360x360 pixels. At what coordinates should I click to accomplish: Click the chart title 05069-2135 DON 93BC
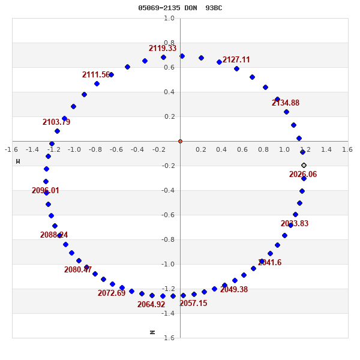(x=180, y=8)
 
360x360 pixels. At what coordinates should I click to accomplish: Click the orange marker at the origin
(x=180, y=141)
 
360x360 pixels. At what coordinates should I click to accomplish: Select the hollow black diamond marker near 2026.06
(x=304, y=165)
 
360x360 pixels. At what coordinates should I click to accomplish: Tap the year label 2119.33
(x=163, y=49)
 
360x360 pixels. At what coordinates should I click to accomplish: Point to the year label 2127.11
(x=236, y=60)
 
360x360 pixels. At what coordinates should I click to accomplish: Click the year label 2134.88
(x=285, y=103)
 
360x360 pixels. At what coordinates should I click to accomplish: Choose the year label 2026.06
(x=303, y=175)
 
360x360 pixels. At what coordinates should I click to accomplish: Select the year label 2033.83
(x=295, y=224)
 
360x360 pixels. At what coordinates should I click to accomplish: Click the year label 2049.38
(x=234, y=290)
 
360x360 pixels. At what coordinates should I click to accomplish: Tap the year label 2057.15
(x=193, y=304)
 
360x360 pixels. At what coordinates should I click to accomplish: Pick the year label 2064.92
(x=151, y=305)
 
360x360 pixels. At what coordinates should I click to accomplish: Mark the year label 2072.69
(x=112, y=293)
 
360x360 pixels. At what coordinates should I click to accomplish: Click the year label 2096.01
(x=46, y=191)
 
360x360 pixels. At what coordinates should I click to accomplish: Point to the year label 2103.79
(x=56, y=122)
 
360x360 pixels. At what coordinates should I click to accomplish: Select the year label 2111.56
(x=96, y=75)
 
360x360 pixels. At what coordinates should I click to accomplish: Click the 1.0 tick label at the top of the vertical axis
(x=169, y=18)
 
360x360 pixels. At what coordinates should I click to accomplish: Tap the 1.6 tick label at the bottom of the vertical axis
(x=169, y=338)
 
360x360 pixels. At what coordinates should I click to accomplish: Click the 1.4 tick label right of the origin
(x=326, y=149)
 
